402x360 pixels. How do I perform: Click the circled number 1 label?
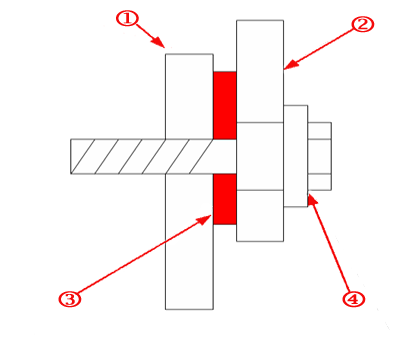tap(126, 17)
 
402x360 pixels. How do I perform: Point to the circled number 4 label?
tap(352, 298)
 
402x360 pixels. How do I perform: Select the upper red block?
tap(225, 104)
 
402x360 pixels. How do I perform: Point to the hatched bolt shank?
tap(140, 155)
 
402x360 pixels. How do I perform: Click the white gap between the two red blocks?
tap(225, 155)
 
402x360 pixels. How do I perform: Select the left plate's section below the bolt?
tap(188, 240)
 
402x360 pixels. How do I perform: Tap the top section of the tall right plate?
tap(260, 70)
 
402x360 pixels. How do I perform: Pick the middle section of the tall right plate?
tap(260, 155)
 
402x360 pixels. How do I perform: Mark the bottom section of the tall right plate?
tap(260, 215)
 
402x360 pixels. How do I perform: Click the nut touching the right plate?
tap(295, 155)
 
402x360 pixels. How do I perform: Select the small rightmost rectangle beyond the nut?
tap(319, 155)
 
